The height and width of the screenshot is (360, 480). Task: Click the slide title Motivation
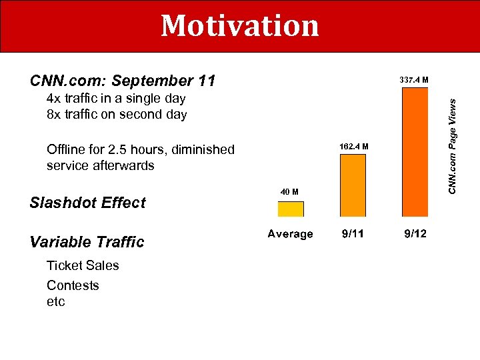tap(240, 26)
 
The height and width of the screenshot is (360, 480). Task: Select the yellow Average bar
tap(291, 209)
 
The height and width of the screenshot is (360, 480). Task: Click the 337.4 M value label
tap(413, 80)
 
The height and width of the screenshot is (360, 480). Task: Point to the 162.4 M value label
tap(353, 146)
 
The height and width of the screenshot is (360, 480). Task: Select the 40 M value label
tap(289, 192)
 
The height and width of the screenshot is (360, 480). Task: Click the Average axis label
tap(290, 234)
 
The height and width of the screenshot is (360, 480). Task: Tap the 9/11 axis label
tap(353, 234)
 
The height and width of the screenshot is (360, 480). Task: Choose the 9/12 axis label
tap(414, 234)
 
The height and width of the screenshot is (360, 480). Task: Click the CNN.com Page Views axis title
tap(452, 147)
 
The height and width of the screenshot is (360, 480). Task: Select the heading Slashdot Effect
tap(87, 203)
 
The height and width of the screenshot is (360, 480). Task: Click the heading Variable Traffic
tap(87, 242)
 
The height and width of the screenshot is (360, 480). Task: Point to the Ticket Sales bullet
tap(83, 265)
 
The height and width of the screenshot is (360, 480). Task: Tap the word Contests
tap(73, 285)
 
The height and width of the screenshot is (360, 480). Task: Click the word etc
tap(56, 302)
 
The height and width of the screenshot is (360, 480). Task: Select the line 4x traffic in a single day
tap(116, 99)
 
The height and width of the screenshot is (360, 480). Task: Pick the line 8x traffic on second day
tap(117, 115)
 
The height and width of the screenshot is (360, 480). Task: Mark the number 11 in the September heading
tap(206, 81)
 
